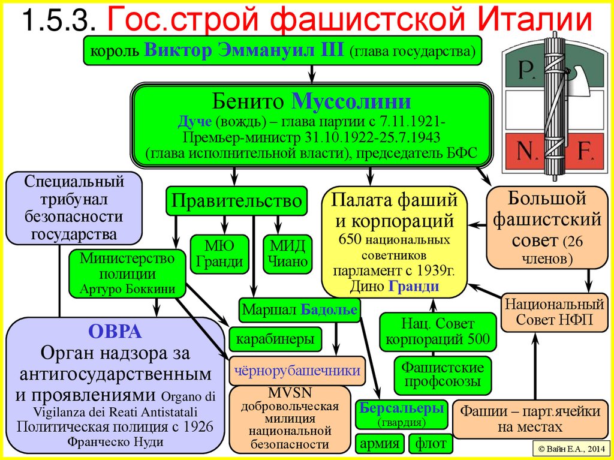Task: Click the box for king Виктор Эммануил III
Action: (x=282, y=51)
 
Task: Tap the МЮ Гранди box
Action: (x=219, y=252)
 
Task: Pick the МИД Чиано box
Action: (x=287, y=252)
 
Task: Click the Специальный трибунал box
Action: (x=74, y=206)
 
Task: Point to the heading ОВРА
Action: (x=115, y=331)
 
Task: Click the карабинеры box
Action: (x=275, y=339)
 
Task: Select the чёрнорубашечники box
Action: (x=297, y=370)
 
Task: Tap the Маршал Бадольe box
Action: (x=300, y=309)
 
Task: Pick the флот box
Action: (x=428, y=444)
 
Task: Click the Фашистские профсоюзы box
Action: (x=443, y=374)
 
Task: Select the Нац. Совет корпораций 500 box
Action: (x=438, y=332)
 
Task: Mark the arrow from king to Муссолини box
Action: (x=312, y=73)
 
